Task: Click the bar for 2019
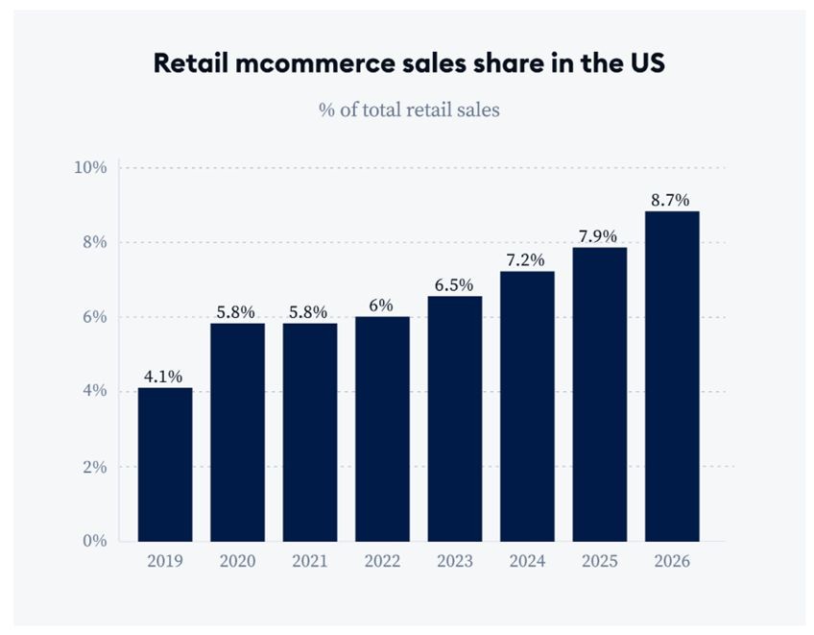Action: (165, 464)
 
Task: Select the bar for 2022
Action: (382, 428)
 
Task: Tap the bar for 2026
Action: (672, 376)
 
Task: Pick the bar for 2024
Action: (527, 405)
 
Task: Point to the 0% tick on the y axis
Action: (93, 541)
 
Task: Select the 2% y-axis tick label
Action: (93, 467)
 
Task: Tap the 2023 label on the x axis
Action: (454, 561)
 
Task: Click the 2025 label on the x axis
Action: (599, 561)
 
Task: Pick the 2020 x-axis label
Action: (237, 561)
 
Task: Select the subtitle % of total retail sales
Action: (409, 110)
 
